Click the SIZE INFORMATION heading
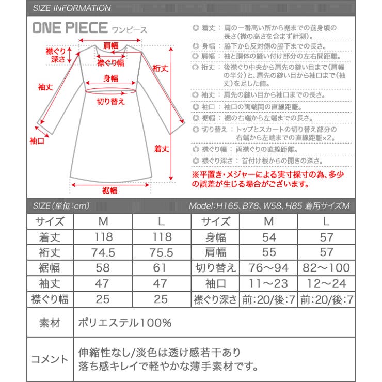click(x=71, y=8)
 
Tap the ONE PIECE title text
click(x=70, y=28)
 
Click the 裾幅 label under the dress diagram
click(x=109, y=190)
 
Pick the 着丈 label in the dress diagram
click(x=162, y=148)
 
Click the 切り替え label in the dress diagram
click(x=111, y=101)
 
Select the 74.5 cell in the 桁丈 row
click(x=103, y=252)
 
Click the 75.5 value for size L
click(x=162, y=252)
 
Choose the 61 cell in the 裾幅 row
click(x=162, y=268)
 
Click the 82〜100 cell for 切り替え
click(x=325, y=268)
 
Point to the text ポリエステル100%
click(x=124, y=323)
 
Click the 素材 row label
click(x=50, y=323)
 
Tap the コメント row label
click(x=50, y=359)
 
